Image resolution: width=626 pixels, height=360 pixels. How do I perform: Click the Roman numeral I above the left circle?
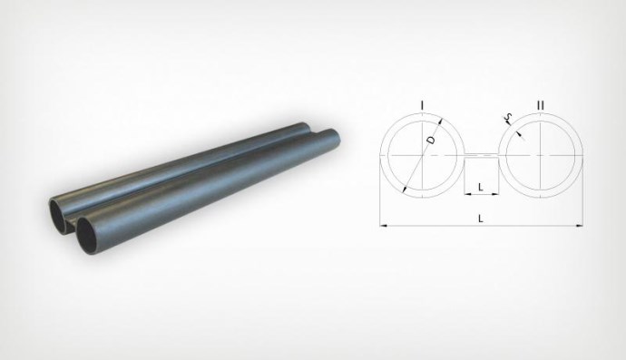point(423,105)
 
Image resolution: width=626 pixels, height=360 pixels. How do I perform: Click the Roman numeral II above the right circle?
point(540,105)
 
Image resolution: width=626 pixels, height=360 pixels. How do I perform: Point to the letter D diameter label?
point(431,140)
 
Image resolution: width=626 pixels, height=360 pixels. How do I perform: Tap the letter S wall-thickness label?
point(508,117)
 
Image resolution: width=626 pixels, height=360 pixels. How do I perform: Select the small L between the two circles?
point(481,187)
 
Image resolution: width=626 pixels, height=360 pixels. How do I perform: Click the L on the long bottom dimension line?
point(481,219)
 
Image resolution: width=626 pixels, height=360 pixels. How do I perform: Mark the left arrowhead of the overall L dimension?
point(383,226)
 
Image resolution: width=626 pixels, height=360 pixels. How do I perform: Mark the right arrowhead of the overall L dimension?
point(580,226)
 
